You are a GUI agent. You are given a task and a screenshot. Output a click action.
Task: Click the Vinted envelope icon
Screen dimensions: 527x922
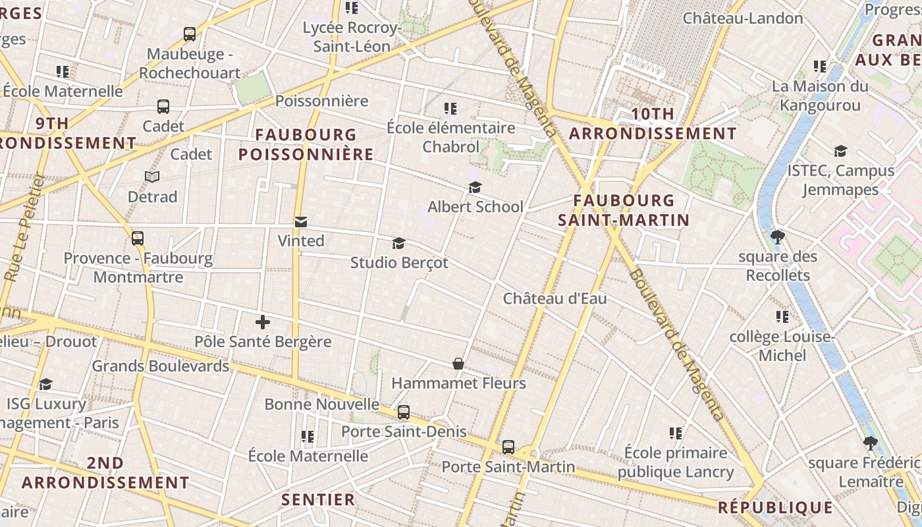click(x=301, y=222)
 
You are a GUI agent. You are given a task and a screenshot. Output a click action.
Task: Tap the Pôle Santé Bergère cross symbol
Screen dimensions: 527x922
click(x=263, y=322)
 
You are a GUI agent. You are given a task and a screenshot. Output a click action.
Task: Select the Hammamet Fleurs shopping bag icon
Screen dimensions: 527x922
click(x=458, y=364)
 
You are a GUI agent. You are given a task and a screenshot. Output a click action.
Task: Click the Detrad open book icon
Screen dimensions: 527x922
click(x=152, y=177)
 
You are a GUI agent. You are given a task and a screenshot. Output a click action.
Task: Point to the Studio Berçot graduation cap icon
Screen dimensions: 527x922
click(x=398, y=244)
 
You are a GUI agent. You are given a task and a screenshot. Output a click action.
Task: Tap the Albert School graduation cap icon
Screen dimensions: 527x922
click(x=475, y=188)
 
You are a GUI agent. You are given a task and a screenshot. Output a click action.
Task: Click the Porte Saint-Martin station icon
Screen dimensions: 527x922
click(x=508, y=447)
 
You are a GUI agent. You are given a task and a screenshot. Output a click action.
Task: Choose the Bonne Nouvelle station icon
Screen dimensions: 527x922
click(x=404, y=412)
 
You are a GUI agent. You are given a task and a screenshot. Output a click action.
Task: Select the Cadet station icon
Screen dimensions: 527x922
click(x=163, y=107)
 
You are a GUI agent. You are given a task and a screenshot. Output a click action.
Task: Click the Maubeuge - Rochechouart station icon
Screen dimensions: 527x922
click(x=190, y=34)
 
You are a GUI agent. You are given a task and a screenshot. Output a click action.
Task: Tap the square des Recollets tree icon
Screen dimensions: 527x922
click(x=778, y=236)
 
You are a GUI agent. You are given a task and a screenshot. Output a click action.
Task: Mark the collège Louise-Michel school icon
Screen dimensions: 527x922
click(x=782, y=317)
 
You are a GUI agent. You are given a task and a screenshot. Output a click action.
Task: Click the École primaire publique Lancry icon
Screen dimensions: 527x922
click(x=676, y=433)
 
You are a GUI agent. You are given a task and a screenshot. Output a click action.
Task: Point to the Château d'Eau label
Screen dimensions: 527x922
click(x=555, y=298)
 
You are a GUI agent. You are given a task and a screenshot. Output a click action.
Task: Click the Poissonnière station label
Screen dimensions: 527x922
click(x=321, y=101)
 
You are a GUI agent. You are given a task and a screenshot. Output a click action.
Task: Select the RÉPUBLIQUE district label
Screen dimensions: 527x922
click(x=775, y=507)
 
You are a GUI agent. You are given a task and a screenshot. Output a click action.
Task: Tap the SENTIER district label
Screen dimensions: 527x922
click(x=318, y=499)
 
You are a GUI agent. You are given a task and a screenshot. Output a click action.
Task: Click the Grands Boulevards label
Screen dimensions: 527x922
click(x=161, y=366)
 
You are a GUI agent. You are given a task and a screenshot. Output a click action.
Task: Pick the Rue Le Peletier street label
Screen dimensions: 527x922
click(x=22, y=228)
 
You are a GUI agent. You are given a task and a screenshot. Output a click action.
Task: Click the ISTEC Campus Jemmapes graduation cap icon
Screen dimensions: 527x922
click(x=840, y=152)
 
